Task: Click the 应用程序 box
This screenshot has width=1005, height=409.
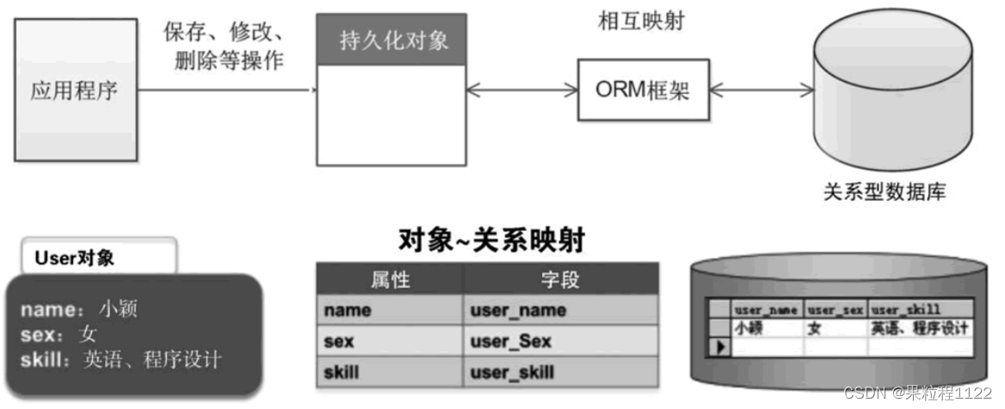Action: click(74, 90)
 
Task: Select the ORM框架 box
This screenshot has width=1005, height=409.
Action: click(643, 90)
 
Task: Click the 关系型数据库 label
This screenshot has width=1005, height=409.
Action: click(884, 191)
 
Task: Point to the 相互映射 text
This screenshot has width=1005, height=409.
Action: click(641, 22)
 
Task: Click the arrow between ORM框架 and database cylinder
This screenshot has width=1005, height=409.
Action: click(762, 90)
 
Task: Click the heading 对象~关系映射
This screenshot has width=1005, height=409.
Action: click(491, 239)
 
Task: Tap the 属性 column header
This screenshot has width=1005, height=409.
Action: click(390, 280)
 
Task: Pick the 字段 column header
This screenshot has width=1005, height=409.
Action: click(560, 280)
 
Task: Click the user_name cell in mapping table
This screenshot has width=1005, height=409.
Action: click(518, 310)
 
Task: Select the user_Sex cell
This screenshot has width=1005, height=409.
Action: click(511, 342)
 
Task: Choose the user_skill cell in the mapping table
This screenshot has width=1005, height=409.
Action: click(512, 373)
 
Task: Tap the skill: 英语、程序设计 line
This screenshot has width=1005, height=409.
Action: click(120, 359)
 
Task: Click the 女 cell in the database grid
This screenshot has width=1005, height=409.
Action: click(815, 327)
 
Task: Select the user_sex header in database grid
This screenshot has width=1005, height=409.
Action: click(835, 309)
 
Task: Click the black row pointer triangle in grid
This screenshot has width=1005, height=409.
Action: click(718, 346)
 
